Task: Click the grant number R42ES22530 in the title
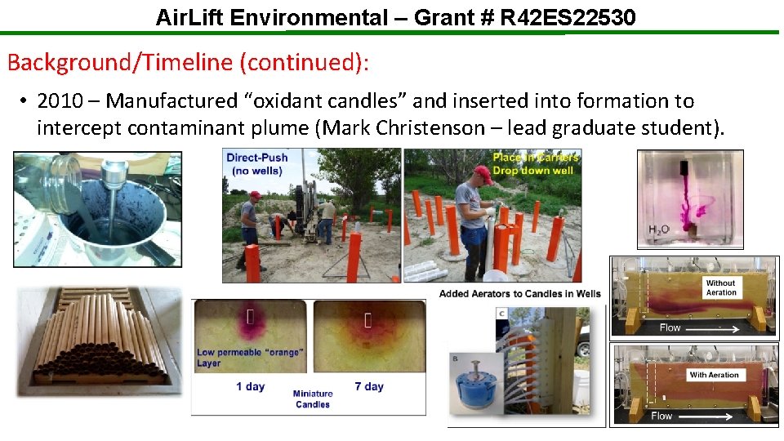pyautogui.click(x=567, y=16)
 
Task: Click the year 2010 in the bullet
pyautogui.click(x=60, y=101)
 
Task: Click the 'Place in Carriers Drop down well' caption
pyautogui.click(x=536, y=163)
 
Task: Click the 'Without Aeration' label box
pyautogui.click(x=720, y=287)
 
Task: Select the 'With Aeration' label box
pyautogui.click(x=714, y=375)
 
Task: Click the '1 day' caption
pyautogui.click(x=250, y=386)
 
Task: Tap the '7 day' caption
pyautogui.click(x=369, y=386)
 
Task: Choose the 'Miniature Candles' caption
pyautogui.click(x=312, y=399)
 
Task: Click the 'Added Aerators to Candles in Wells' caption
pyautogui.click(x=519, y=294)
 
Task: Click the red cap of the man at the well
pyautogui.click(x=482, y=174)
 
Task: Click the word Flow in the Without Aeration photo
pyautogui.click(x=670, y=327)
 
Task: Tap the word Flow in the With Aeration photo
pyautogui.click(x=661, y=416)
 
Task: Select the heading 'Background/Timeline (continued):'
pyautogui.click(x=194, y=61)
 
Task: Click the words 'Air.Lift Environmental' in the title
pyautogui.click(x=272, y=16)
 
